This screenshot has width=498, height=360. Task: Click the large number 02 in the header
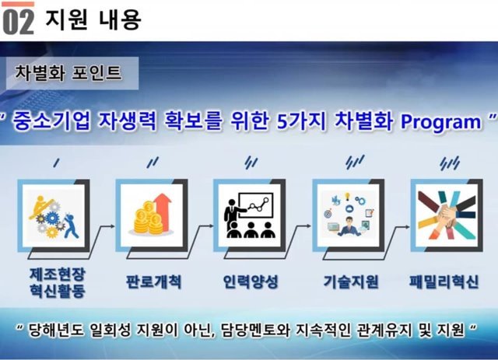pos(18,21)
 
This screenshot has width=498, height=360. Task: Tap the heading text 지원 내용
pos(93,19)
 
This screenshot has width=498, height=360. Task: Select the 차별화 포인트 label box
pos(72,73)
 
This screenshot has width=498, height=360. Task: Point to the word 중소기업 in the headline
pos(51,121)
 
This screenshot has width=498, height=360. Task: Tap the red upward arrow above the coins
pos(163,212)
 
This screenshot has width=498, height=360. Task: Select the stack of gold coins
pos(149,218)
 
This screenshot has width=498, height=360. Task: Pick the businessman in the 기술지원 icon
pos(349,225)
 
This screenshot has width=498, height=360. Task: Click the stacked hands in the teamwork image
pos(447,215)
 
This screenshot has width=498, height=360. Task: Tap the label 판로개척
pos(154,281)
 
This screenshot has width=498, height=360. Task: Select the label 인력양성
pos(251,281)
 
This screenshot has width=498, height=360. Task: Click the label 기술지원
pos(351,281)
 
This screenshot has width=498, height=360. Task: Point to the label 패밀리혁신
pos(444,281)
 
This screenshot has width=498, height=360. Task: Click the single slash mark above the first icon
pos(57,163)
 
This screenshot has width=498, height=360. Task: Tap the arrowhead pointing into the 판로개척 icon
pos(112,226)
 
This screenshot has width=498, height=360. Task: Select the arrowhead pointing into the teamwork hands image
pos(407,227)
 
